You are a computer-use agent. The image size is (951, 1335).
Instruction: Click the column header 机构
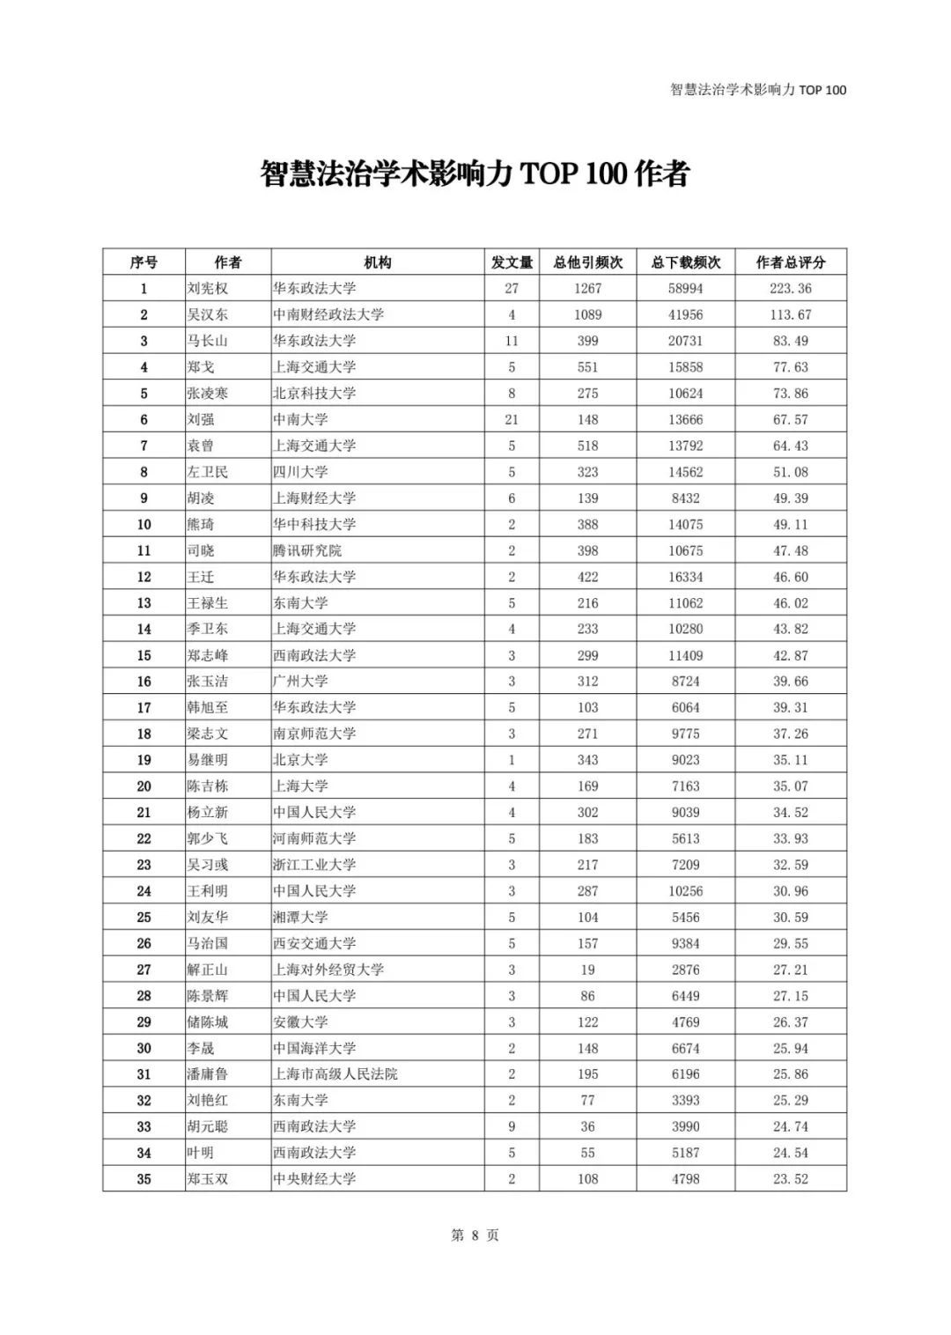[378, 262]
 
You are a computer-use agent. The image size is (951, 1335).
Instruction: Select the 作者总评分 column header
[791, 262]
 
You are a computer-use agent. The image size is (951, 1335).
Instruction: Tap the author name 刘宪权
[208, 289]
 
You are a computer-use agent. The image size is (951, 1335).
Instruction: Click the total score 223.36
[792, 289]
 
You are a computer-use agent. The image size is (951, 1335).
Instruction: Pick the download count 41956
[685, 314]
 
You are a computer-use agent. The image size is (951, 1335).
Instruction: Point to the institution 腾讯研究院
[307, 550]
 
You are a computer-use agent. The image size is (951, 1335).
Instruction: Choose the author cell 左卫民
[208, 472]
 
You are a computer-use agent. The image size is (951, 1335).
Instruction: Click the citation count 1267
[587, 289]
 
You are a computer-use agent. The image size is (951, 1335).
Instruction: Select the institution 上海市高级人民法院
[335, 1074]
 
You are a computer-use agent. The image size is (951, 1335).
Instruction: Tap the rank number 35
[144, 1179]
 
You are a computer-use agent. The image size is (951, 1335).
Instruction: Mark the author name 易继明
[208, 760]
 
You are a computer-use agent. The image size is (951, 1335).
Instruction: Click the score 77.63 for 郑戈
[791, 367]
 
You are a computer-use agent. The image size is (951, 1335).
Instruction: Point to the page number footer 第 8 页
[475, 1235]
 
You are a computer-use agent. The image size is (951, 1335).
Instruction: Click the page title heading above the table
[475, 173]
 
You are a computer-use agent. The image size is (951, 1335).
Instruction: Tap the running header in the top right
[757, 90]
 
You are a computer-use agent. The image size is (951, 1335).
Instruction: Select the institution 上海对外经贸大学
[328, 970]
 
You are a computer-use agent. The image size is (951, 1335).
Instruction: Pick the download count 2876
[685, 970]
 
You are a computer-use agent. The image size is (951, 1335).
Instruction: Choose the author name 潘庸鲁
[208, 1074]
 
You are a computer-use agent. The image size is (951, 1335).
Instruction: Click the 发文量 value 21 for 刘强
[512, 420]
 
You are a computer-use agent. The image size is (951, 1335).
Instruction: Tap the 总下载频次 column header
[685, 262]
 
